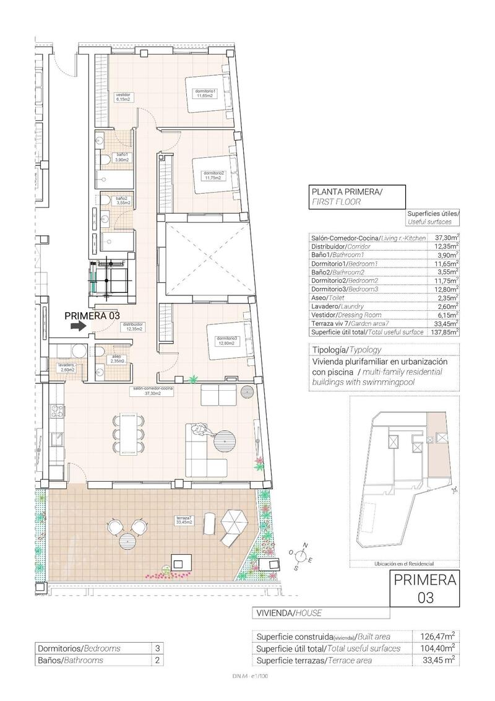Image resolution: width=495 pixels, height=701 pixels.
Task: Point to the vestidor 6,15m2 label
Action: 123,97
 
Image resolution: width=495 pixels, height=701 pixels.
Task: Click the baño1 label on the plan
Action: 121,157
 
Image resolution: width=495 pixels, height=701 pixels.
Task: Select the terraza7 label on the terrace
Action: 184,520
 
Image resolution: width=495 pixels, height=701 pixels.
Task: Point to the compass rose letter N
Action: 304,544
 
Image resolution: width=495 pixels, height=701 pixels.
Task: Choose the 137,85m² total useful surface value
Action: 444,332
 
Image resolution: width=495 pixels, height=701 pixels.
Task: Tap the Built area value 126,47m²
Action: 437,636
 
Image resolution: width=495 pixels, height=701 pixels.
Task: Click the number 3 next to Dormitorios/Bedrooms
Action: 157,648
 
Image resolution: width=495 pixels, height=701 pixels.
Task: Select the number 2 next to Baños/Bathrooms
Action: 157,660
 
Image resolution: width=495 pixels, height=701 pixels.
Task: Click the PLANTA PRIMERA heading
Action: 347,192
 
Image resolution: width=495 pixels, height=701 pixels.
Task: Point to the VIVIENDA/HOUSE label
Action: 288,613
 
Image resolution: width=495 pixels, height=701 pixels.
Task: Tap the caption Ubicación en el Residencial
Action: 404,564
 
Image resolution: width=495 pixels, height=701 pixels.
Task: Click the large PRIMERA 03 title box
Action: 424,589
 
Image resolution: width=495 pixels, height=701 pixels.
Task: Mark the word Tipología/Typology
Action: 347,349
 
